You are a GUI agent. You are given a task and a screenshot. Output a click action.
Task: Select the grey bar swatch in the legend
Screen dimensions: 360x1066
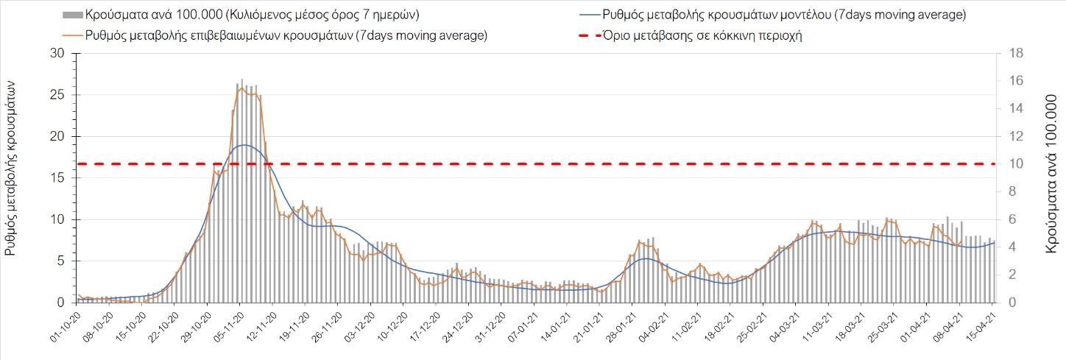pos(72,15)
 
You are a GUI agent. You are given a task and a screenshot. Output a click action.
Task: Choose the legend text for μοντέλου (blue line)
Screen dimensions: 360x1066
pos(783,15)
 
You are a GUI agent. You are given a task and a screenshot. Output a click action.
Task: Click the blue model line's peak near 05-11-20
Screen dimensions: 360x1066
pos(243,145)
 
